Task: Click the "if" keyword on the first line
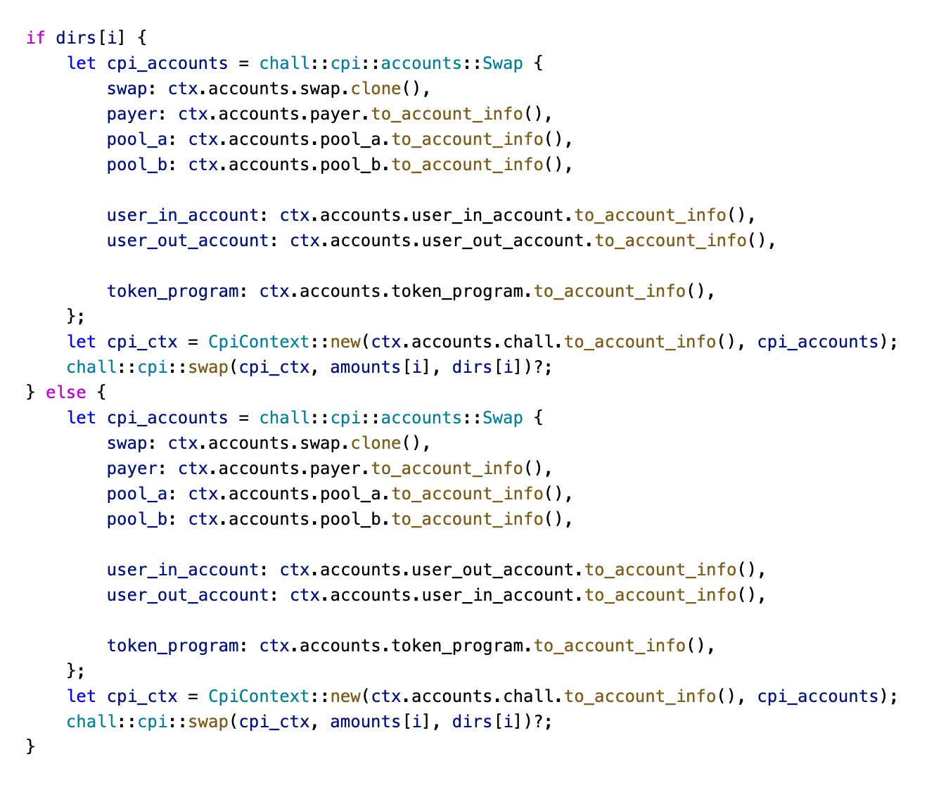(35, 37)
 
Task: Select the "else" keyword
(66, 392)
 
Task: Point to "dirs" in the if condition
(76, 37)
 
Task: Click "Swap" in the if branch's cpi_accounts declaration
(503, 63)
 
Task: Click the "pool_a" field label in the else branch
(137, 493)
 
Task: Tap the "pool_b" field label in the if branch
(137, 164)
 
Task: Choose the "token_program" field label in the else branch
(173, 645)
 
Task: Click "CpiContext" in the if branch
(259, 341)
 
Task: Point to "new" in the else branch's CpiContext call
(345, 696)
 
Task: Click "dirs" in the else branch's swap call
(472, 721)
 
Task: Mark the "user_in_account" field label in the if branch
(183, 215)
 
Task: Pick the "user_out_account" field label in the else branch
(188, 594)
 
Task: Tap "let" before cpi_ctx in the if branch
(82, 341)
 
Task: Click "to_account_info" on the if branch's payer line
(447, 113)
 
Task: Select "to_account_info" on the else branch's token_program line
(609, 645)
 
